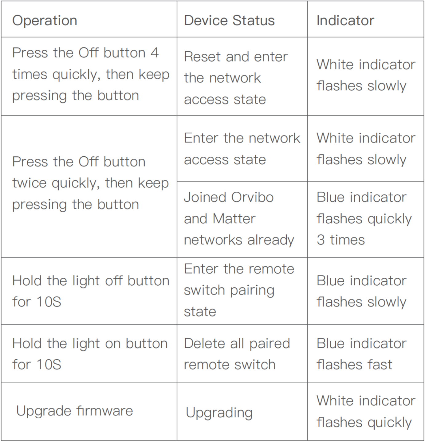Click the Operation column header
tap(45, 21)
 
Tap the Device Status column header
tap(229, 21)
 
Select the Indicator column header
tap(345, 21)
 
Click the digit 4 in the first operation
tap(155, 53)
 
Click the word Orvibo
tap(252, 197)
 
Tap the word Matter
tap(234, 219)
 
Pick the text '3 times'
tap(341, 240)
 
